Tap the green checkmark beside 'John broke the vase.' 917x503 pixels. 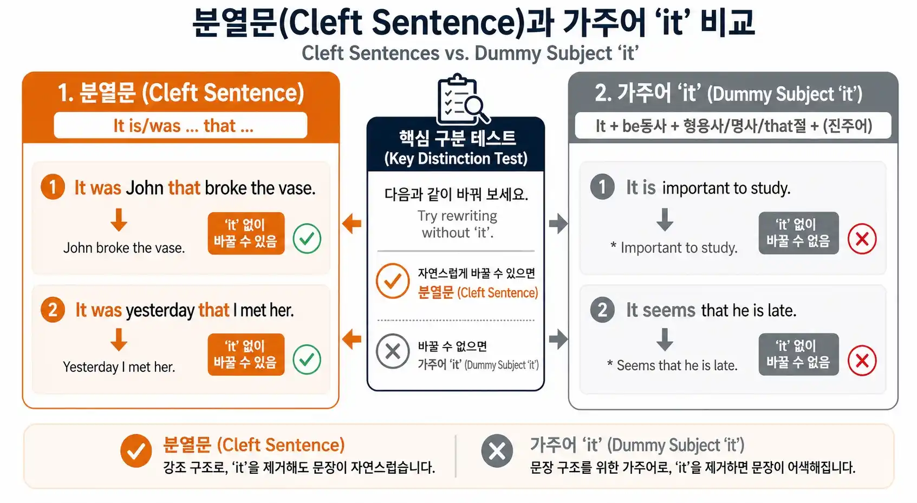[x=307, y=239]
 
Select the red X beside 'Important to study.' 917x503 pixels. [x=862, y=239]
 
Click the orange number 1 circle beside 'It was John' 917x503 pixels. [x=53, y=187]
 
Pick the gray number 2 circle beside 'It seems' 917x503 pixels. [x=602, y=310]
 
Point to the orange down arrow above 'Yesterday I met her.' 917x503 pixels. [x=119, y=340]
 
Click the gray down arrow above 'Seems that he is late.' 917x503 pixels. [x=665, y=339]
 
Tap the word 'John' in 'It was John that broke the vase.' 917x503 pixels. [x=145, y=188]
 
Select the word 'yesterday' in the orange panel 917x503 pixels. [x=160, y=310]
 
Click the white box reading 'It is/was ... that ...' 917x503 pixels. [x=180, y=126]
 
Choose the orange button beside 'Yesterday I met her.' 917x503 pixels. [x=246, y=354]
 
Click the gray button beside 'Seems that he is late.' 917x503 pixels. [x=798, y=354]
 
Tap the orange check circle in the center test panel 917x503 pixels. [x=393, y=281]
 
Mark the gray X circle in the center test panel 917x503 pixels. [x=393, y=351]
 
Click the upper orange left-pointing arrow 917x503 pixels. [x=352, y=223]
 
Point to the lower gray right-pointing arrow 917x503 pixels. [x=558, y=339]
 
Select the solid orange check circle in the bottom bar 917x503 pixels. [x=136, y=450]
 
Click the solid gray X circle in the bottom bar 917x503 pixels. [x=497, y=450]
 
